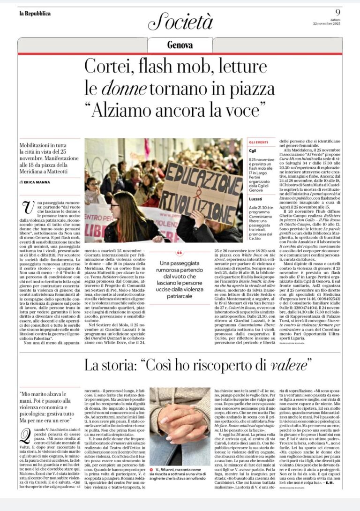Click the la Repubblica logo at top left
[x=35, y=13]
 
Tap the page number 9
[x=337, y=12]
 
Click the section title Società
[x=180, y=22]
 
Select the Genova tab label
[x=180, y=45]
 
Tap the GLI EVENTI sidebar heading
[x=258, y=142]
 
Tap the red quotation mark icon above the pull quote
[x=180, y=253]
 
